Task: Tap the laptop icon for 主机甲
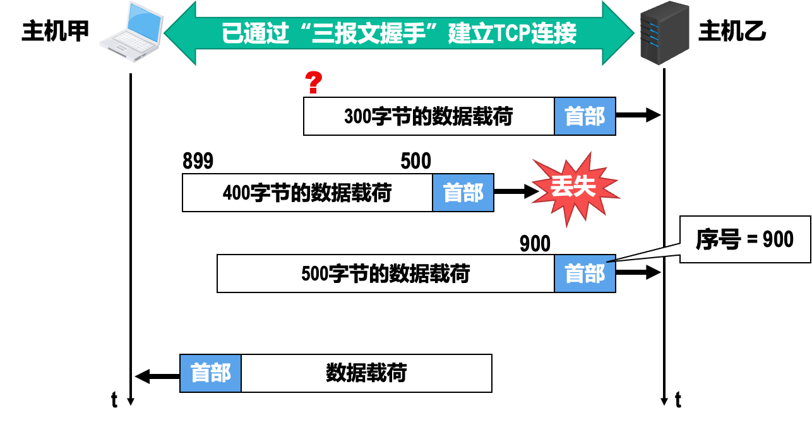point(132,33)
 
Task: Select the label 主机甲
point(56,32)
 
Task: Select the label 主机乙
point(732,32)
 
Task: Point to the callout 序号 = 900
point(745,239)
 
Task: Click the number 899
point(198,162)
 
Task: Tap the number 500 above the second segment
point(415,162)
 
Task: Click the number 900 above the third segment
point(535,243)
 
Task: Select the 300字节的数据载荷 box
point(429,116)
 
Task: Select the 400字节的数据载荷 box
point(307,193)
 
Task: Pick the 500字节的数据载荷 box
point(386,274)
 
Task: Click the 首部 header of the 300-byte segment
point(585,116)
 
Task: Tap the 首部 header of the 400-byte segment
point(463,193)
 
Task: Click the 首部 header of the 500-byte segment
point(585,274)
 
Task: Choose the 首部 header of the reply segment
point(211,373)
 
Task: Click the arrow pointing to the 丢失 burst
point(515,191)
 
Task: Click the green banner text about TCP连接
point(399,33)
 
